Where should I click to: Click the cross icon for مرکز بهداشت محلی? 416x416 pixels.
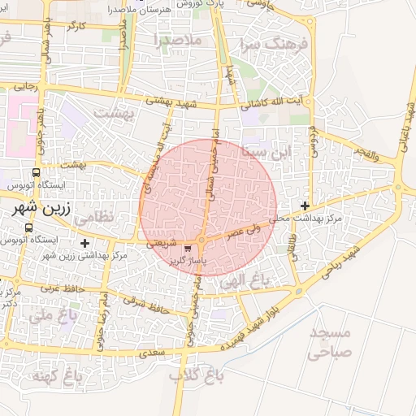click(305, 206)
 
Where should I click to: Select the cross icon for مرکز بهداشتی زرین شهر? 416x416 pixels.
click(84, 243)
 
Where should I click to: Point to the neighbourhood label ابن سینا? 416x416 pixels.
click(266, 151)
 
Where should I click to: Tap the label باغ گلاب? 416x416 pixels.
click(189, 376)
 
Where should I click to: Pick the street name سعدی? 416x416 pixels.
click(152, 353)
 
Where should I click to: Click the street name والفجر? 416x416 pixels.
click(365, 151)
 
